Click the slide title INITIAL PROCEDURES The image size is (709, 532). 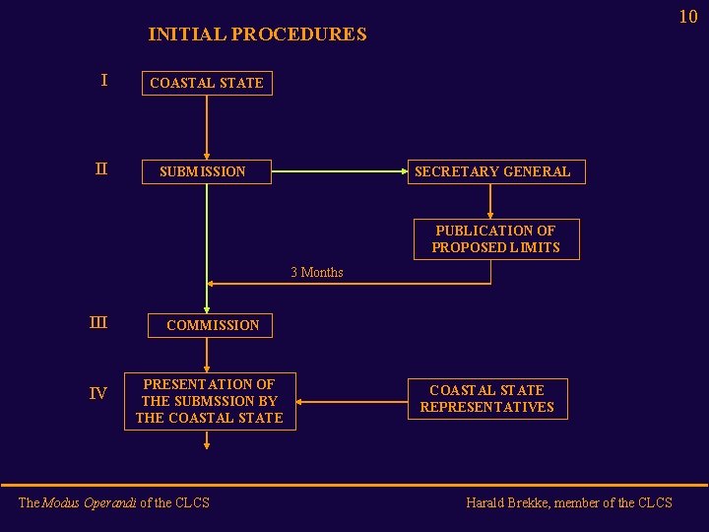coord(257,34)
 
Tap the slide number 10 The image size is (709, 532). coord(687,16)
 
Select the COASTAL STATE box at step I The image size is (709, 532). coord(207,83)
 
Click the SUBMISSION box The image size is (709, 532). coord(203,171)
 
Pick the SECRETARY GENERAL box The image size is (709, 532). coord(492,171)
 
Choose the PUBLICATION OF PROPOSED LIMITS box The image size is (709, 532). coord(495,238)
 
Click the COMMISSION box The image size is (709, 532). coord(213,325)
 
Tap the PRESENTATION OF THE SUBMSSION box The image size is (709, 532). coord(209,401)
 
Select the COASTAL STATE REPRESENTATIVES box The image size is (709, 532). coord(487,398)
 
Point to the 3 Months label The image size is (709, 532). coord(317,272)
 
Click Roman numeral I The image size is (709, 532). coord(104,81)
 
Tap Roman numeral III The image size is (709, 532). coord(98,322)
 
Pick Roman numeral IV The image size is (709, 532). coord(98,394)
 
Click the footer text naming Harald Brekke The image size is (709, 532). coord(569,502)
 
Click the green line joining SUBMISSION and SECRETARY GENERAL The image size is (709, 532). coord(340,171)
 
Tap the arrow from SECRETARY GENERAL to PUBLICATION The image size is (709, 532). coord(491,201)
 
